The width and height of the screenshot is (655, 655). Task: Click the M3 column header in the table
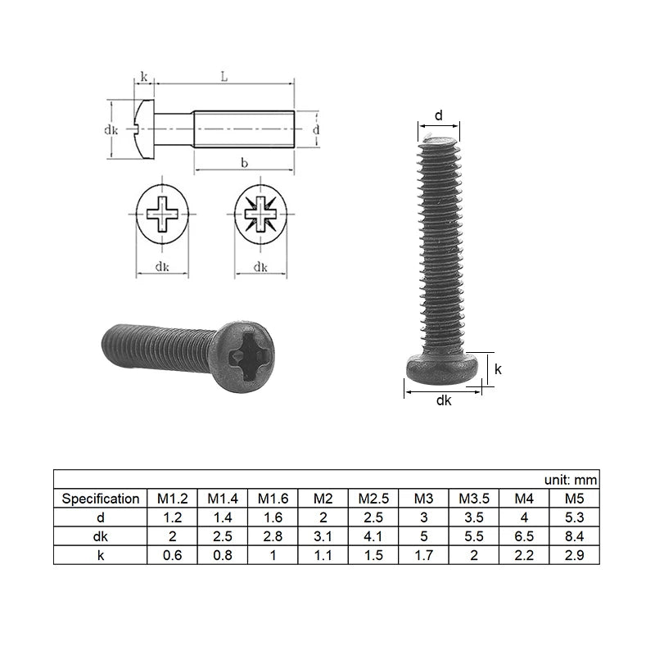(x=423, y=498)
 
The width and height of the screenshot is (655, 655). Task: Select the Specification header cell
(x=100, y=498)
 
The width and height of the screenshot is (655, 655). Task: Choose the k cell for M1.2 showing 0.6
(x=170, y=555)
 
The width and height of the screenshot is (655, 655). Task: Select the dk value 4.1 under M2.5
(x=373, y=536)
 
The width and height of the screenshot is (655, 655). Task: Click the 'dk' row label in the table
(x=100, y=536)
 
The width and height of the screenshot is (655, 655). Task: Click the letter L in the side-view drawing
(x=224, y=76)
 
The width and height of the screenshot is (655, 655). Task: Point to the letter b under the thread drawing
(x=243, y=164)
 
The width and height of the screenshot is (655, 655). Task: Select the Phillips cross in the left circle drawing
(x=162, y=218)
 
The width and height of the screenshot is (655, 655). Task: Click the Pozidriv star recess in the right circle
(x=260, y=218)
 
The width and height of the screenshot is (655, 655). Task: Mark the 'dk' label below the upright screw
(x=444, y=400)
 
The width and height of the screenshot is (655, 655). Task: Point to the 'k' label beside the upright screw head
(x=498, y=369)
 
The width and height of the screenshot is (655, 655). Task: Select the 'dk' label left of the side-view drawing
(x=111, y=129)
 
